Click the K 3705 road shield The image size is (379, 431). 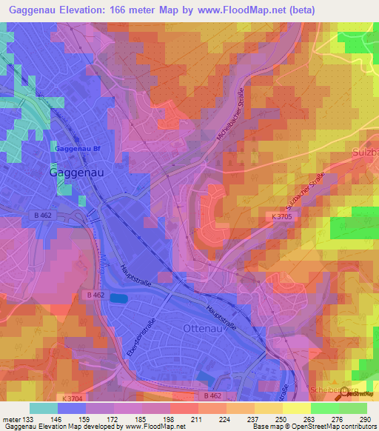(x=281, y=215)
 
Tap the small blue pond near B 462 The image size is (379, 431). (x=120, y=298)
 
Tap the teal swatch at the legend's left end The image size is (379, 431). (x=44, y=408)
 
